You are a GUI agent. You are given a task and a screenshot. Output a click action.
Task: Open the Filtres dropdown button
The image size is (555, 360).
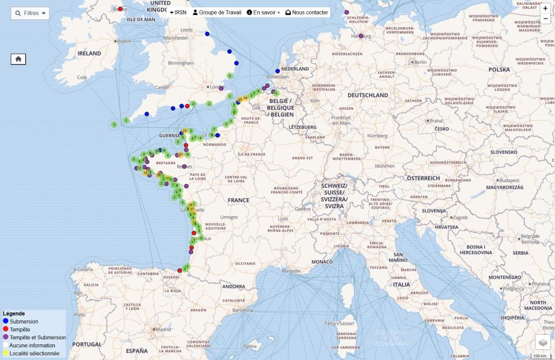coord(30,13)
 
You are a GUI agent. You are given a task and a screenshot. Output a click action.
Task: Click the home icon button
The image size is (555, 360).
coord(18,58)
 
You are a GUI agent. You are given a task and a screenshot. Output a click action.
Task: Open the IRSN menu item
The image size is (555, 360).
coord(178,12)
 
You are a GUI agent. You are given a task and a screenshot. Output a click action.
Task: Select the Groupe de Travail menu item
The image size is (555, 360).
coord(217,12)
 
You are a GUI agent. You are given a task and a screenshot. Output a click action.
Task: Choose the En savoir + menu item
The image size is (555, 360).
coord(264,12)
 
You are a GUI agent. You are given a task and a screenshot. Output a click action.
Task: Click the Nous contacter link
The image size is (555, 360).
coord(307,12)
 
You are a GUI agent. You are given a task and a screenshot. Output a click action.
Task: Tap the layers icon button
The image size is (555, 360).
coord(543,342)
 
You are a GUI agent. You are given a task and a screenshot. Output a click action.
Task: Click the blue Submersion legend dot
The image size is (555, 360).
coord(6,321)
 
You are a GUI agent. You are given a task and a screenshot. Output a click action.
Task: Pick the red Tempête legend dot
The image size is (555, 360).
coord(6,329)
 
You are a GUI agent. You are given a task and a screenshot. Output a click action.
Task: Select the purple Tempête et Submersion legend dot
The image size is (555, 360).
coord(6,337)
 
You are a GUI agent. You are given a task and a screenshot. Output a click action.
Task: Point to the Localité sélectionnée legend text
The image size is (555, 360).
coord(34,353)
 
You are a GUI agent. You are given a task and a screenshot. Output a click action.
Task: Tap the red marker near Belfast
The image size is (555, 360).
coord(120,9)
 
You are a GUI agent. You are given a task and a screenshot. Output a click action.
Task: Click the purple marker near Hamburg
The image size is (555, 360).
coord(361,36)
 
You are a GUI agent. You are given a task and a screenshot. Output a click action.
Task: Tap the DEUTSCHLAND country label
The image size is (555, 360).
coord(368,95)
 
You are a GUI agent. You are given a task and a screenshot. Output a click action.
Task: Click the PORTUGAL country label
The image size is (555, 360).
coord(87,344)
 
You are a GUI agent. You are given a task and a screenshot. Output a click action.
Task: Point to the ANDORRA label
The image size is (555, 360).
coord(233,286)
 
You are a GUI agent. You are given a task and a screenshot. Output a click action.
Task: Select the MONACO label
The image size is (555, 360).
coord(322,261)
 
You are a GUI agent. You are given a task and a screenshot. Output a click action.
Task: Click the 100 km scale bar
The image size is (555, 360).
coord(539,356)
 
